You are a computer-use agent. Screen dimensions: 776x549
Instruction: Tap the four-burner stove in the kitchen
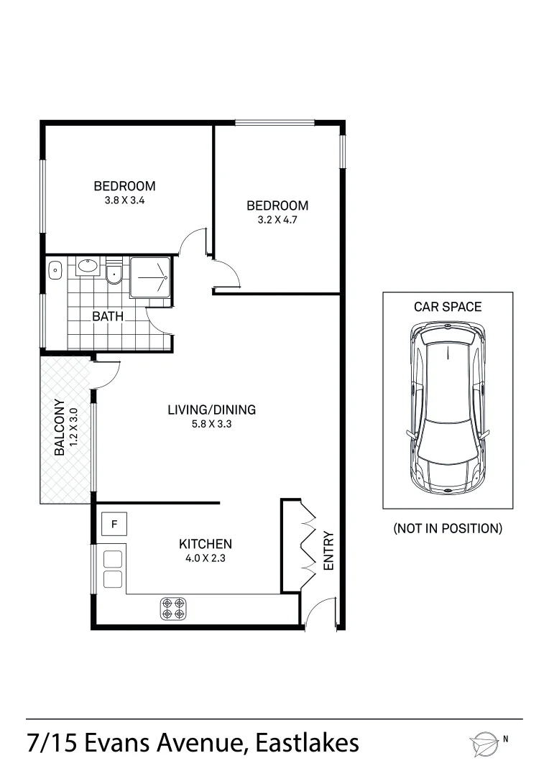coord(172,609)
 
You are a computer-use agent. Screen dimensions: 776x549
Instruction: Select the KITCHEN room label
coord(205,544)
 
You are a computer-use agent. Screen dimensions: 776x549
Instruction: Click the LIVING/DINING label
coord(211,410)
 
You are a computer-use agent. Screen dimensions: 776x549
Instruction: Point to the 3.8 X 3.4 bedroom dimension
coord(124,201)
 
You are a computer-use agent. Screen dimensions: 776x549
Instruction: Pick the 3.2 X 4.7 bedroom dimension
coord(277,221)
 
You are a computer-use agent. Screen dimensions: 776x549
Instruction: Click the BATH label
coord(108,316)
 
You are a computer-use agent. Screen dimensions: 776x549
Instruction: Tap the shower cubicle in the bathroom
coord(150,277)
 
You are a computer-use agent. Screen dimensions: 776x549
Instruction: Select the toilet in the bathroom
coord(113,274)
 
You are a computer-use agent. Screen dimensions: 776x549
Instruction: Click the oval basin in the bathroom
coord(88,267)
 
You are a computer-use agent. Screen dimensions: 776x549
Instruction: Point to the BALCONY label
coord(60,428)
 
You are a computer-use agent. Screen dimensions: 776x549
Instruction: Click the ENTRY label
coord(329,550)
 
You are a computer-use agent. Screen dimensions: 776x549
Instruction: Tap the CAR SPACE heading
coord(447,307)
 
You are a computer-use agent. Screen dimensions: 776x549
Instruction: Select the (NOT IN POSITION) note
coord(447,529)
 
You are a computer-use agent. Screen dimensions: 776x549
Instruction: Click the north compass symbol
coord(484,744)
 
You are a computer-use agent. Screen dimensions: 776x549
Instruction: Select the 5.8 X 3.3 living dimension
coord(211,424)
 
